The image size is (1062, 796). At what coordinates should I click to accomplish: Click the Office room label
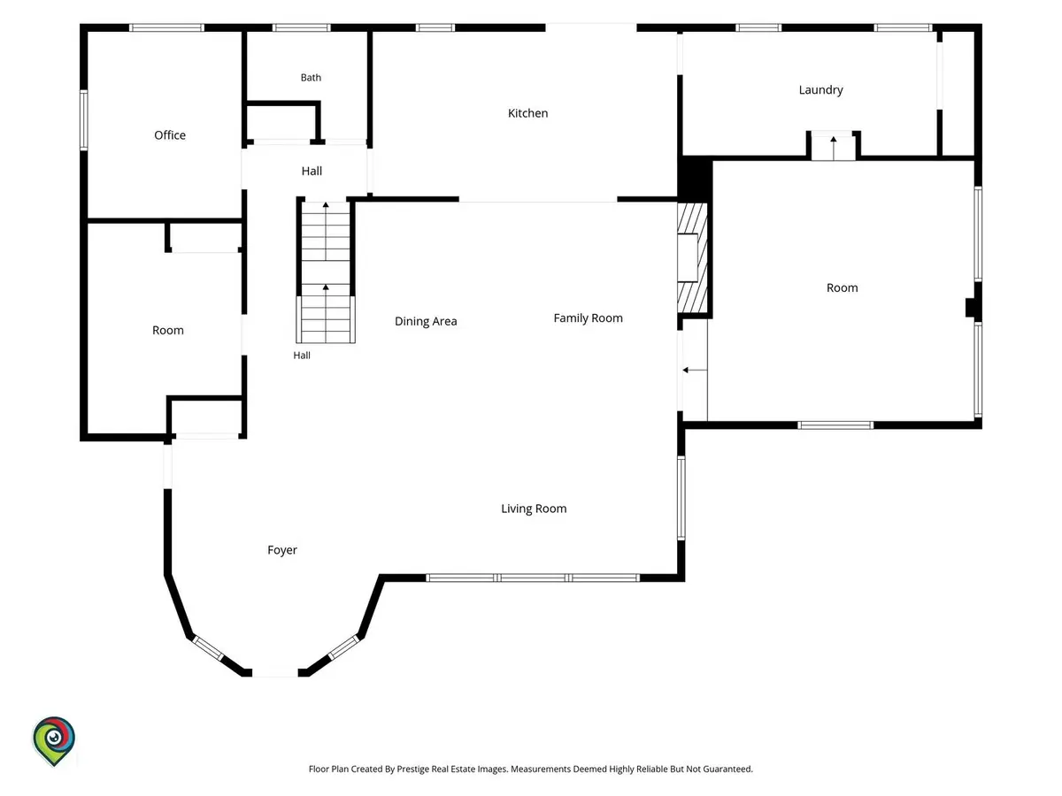[169, 135]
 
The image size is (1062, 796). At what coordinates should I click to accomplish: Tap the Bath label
[311, 78]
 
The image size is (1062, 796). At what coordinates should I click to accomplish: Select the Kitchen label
[527, 113]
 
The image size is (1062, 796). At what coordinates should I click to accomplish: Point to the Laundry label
[820, 90]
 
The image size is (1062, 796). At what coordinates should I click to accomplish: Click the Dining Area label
[426, 322]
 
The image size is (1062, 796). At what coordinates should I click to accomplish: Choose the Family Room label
[588, 318]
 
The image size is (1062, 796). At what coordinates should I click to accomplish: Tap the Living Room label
[534, 509]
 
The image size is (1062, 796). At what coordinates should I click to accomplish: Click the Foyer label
[282, 550]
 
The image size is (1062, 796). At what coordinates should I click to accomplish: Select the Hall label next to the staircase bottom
[302, 356]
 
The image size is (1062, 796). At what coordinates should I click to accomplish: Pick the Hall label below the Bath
[312, 171]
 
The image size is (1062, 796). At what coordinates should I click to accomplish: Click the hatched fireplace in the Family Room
[692, 258]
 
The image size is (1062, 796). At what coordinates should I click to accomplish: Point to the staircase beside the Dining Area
[326, 272]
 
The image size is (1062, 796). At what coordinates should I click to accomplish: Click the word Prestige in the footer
[412, 769]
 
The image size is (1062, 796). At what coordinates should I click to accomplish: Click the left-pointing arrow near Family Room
[695, 371]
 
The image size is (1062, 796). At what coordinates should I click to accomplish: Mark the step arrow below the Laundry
[833, 149]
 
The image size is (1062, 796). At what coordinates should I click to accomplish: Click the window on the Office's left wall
[84, 120]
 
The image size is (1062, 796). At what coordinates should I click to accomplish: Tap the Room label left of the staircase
[168, 331]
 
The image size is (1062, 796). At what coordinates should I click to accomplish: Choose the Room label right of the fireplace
[842, 288]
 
